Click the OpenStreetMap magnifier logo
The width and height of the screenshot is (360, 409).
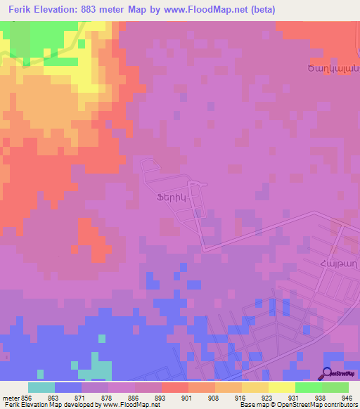point(328,372)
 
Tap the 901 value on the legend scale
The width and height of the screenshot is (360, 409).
point(186,397)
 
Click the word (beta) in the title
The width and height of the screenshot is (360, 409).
point(260,10)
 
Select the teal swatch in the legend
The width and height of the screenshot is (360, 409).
point(41,387)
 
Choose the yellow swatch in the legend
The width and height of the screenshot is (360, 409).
point(282,387)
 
